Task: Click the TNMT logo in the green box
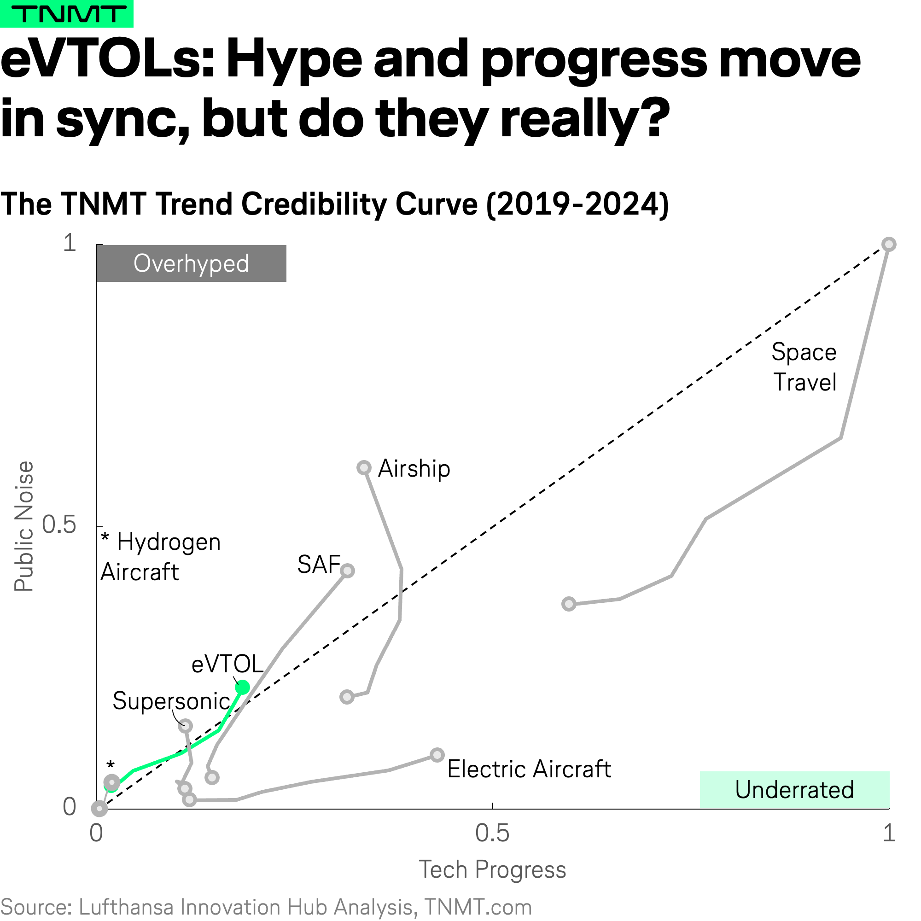(67, 14)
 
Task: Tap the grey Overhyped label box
(191, 263)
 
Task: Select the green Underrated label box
(794, 789)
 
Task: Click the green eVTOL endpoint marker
(243, 687)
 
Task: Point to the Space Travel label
(804, 367)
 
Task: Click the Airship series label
(414, 469)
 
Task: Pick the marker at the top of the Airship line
(364, 468)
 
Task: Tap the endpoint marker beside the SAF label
(348, 571)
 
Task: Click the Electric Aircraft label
(529, 769)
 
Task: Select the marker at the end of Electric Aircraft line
(437, 755)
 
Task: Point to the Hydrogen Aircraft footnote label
(161, 557)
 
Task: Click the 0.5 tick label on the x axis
(492, 833)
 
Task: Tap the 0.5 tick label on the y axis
(59, 525)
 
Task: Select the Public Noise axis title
(24, 526)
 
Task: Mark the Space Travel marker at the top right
(889, 245)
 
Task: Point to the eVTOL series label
(227, 664)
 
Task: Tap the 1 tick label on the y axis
(70, 243)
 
